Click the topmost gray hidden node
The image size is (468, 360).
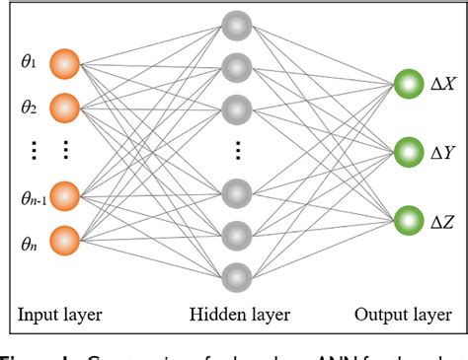(236, 25)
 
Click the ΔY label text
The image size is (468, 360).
(441, 152)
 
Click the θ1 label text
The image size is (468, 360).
(29, 65)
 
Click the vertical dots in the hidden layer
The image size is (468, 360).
(236, 151)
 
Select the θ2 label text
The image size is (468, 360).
(29, 106)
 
